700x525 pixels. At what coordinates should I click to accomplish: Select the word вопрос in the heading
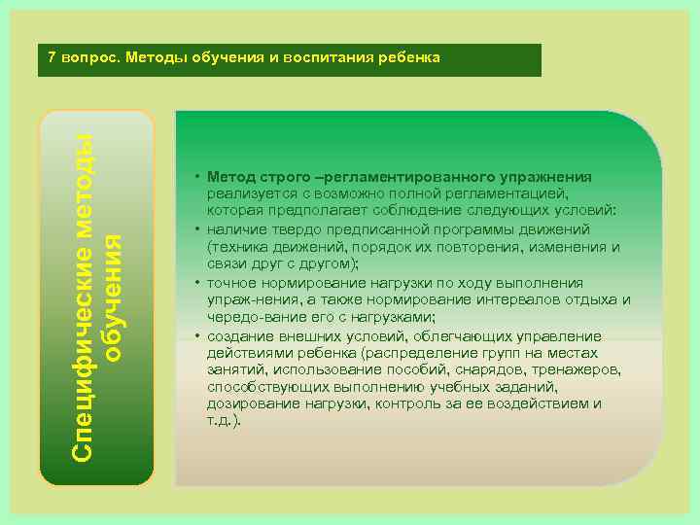click(89, 57)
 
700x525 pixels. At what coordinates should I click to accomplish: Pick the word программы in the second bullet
click(486, 229)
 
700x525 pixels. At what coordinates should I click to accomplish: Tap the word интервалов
click(533, 299)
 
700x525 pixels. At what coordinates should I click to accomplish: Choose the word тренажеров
click(576, 369)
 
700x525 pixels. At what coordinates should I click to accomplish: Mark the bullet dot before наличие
click(196, 230)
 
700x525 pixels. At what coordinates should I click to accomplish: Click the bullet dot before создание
click(196, 335)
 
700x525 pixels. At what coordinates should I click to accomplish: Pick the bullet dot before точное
click(196, 283)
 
